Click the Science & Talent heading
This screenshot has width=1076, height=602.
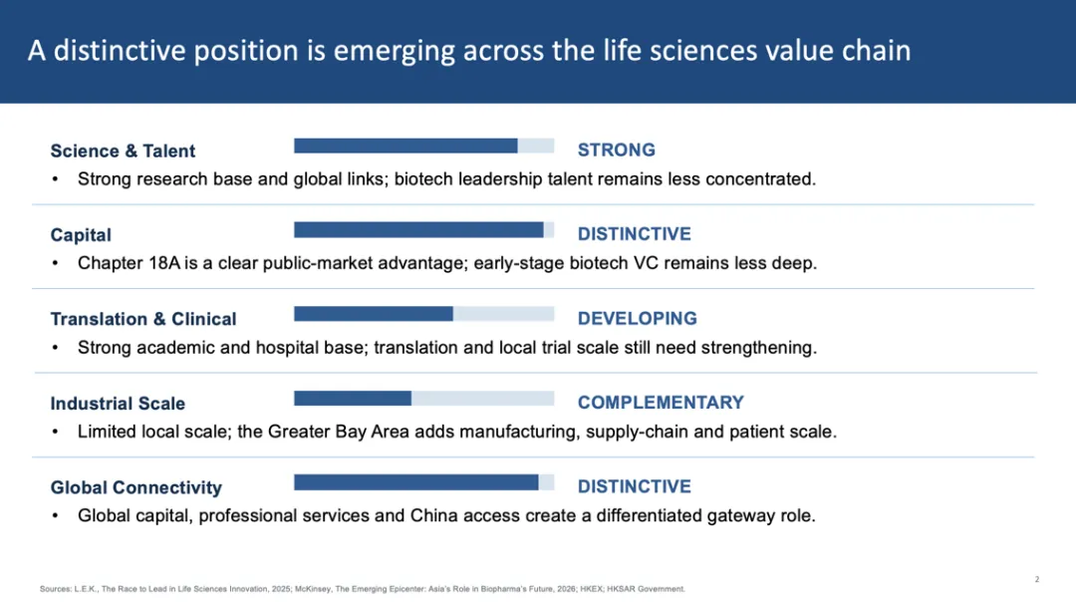pos(123,151)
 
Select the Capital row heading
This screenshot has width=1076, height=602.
pos(81,235)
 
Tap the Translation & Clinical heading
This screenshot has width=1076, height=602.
pos(143,319)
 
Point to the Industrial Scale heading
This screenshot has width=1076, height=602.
pos(118,404)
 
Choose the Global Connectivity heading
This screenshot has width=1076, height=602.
pos(135,487)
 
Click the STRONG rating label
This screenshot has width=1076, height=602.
pos(617,150)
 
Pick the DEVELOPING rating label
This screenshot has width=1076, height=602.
pos(637,319)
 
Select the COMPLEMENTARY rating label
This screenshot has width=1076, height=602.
pos(661,403)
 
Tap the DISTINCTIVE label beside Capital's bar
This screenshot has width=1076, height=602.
pos(634,234)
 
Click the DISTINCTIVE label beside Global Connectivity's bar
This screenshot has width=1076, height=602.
pos(634,486)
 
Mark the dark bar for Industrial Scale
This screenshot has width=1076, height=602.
pos(353,398)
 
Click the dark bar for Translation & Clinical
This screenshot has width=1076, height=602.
pos(374,314)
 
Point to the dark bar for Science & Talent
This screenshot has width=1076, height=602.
pos(405,146)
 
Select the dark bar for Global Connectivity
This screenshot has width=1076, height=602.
pos(415,482)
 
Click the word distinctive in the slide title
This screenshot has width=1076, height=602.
pos(120,51)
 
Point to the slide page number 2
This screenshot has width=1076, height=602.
pos(1037,579)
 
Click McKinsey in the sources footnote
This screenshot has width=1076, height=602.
pos(313,589)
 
